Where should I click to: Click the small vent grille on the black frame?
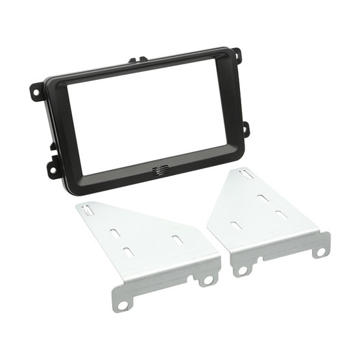pyautogui.click(x=159, y=172)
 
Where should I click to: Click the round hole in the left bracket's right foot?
pyautogui.click(x=209, y=280)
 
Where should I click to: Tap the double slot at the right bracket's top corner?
pyautogui.click(x=245, y=174)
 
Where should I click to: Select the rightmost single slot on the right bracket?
pyautogui.click(x=280, y=214)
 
